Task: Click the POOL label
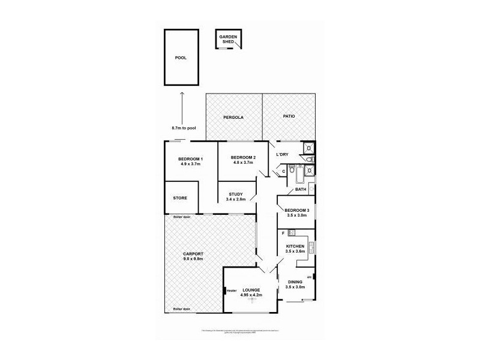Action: (181, 58)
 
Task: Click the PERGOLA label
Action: (233, 117)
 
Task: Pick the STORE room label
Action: (181, 198)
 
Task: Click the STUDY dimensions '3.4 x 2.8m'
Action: (236, 199)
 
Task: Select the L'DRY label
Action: (282, 155)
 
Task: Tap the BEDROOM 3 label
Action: (297, 210)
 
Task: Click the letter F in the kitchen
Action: (283, 232)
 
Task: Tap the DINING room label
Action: (296, 282)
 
